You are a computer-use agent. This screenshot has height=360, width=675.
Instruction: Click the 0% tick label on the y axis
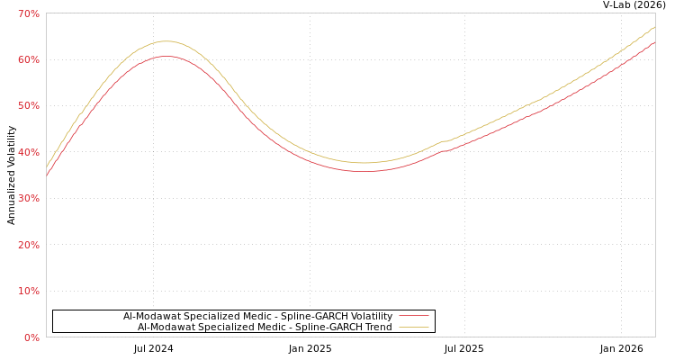31,337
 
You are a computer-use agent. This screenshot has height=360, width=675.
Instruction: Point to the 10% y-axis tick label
29,291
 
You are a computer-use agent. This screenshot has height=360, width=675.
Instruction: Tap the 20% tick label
29,245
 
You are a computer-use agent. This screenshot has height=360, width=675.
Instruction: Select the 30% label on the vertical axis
29,198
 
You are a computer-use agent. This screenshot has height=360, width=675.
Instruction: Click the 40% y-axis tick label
29,152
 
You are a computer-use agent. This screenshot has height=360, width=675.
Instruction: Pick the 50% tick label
29,105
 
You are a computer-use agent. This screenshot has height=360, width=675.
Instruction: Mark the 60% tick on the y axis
29,59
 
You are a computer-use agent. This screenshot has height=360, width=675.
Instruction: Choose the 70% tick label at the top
29,13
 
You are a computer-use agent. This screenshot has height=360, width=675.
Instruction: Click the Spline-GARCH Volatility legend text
257,316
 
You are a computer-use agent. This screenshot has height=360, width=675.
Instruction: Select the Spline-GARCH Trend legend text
265,327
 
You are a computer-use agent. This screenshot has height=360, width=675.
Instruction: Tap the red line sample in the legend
413,316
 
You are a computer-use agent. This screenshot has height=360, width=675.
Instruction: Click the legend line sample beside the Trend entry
413,327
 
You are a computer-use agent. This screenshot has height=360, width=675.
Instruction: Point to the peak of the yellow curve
166,40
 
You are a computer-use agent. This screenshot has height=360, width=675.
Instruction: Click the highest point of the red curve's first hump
166,56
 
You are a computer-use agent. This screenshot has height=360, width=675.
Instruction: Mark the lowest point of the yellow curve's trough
364,163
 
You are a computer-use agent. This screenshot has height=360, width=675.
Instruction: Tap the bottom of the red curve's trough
364,171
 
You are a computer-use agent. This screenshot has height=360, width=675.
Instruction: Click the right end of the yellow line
654,27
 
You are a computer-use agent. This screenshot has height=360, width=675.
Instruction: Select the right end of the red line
654,42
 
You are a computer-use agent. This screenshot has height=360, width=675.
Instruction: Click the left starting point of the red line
47,175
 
